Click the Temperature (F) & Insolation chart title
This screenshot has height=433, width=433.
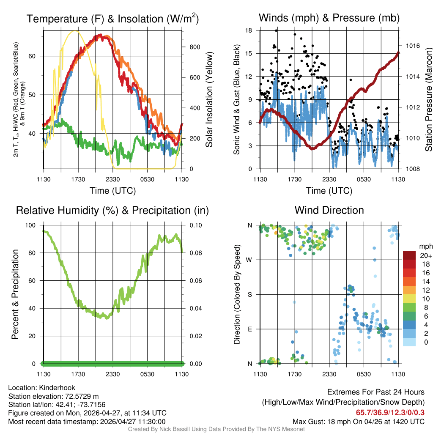[112, 19]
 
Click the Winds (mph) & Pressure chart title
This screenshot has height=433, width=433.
[329, 18]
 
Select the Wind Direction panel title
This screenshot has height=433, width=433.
[329, 210]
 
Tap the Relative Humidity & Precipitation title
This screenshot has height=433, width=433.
[112, 210]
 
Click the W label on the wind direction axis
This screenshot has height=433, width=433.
[250, 260]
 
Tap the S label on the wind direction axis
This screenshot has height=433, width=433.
[250, 294]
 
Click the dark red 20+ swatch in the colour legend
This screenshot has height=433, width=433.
[409, 255]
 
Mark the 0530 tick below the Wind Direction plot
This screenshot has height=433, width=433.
[364, 374]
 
